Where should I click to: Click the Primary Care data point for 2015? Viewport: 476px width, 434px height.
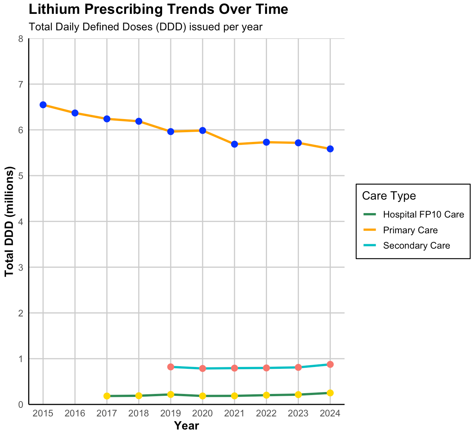(43, 105)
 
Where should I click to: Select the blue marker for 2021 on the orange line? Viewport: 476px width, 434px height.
(234, 144)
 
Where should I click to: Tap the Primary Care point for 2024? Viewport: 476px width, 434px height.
(330, 149)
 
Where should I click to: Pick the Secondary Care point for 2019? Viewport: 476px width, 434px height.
(171, 367)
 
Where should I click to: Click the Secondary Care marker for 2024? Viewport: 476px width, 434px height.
(330, 364)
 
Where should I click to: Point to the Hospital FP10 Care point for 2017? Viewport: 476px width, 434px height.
(107, 396)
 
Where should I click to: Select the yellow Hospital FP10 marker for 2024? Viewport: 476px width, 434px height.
(330, 393)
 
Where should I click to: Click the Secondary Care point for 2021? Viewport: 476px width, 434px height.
(234, 368)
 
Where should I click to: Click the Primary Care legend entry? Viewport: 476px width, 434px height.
(410, 230)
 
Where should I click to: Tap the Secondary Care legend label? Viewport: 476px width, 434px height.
(416, 246)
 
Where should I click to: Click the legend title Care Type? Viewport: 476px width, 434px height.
(389, 196)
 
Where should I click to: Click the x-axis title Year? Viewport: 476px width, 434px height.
(187, 426)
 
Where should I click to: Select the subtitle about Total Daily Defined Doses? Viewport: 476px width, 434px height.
(145, 27)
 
